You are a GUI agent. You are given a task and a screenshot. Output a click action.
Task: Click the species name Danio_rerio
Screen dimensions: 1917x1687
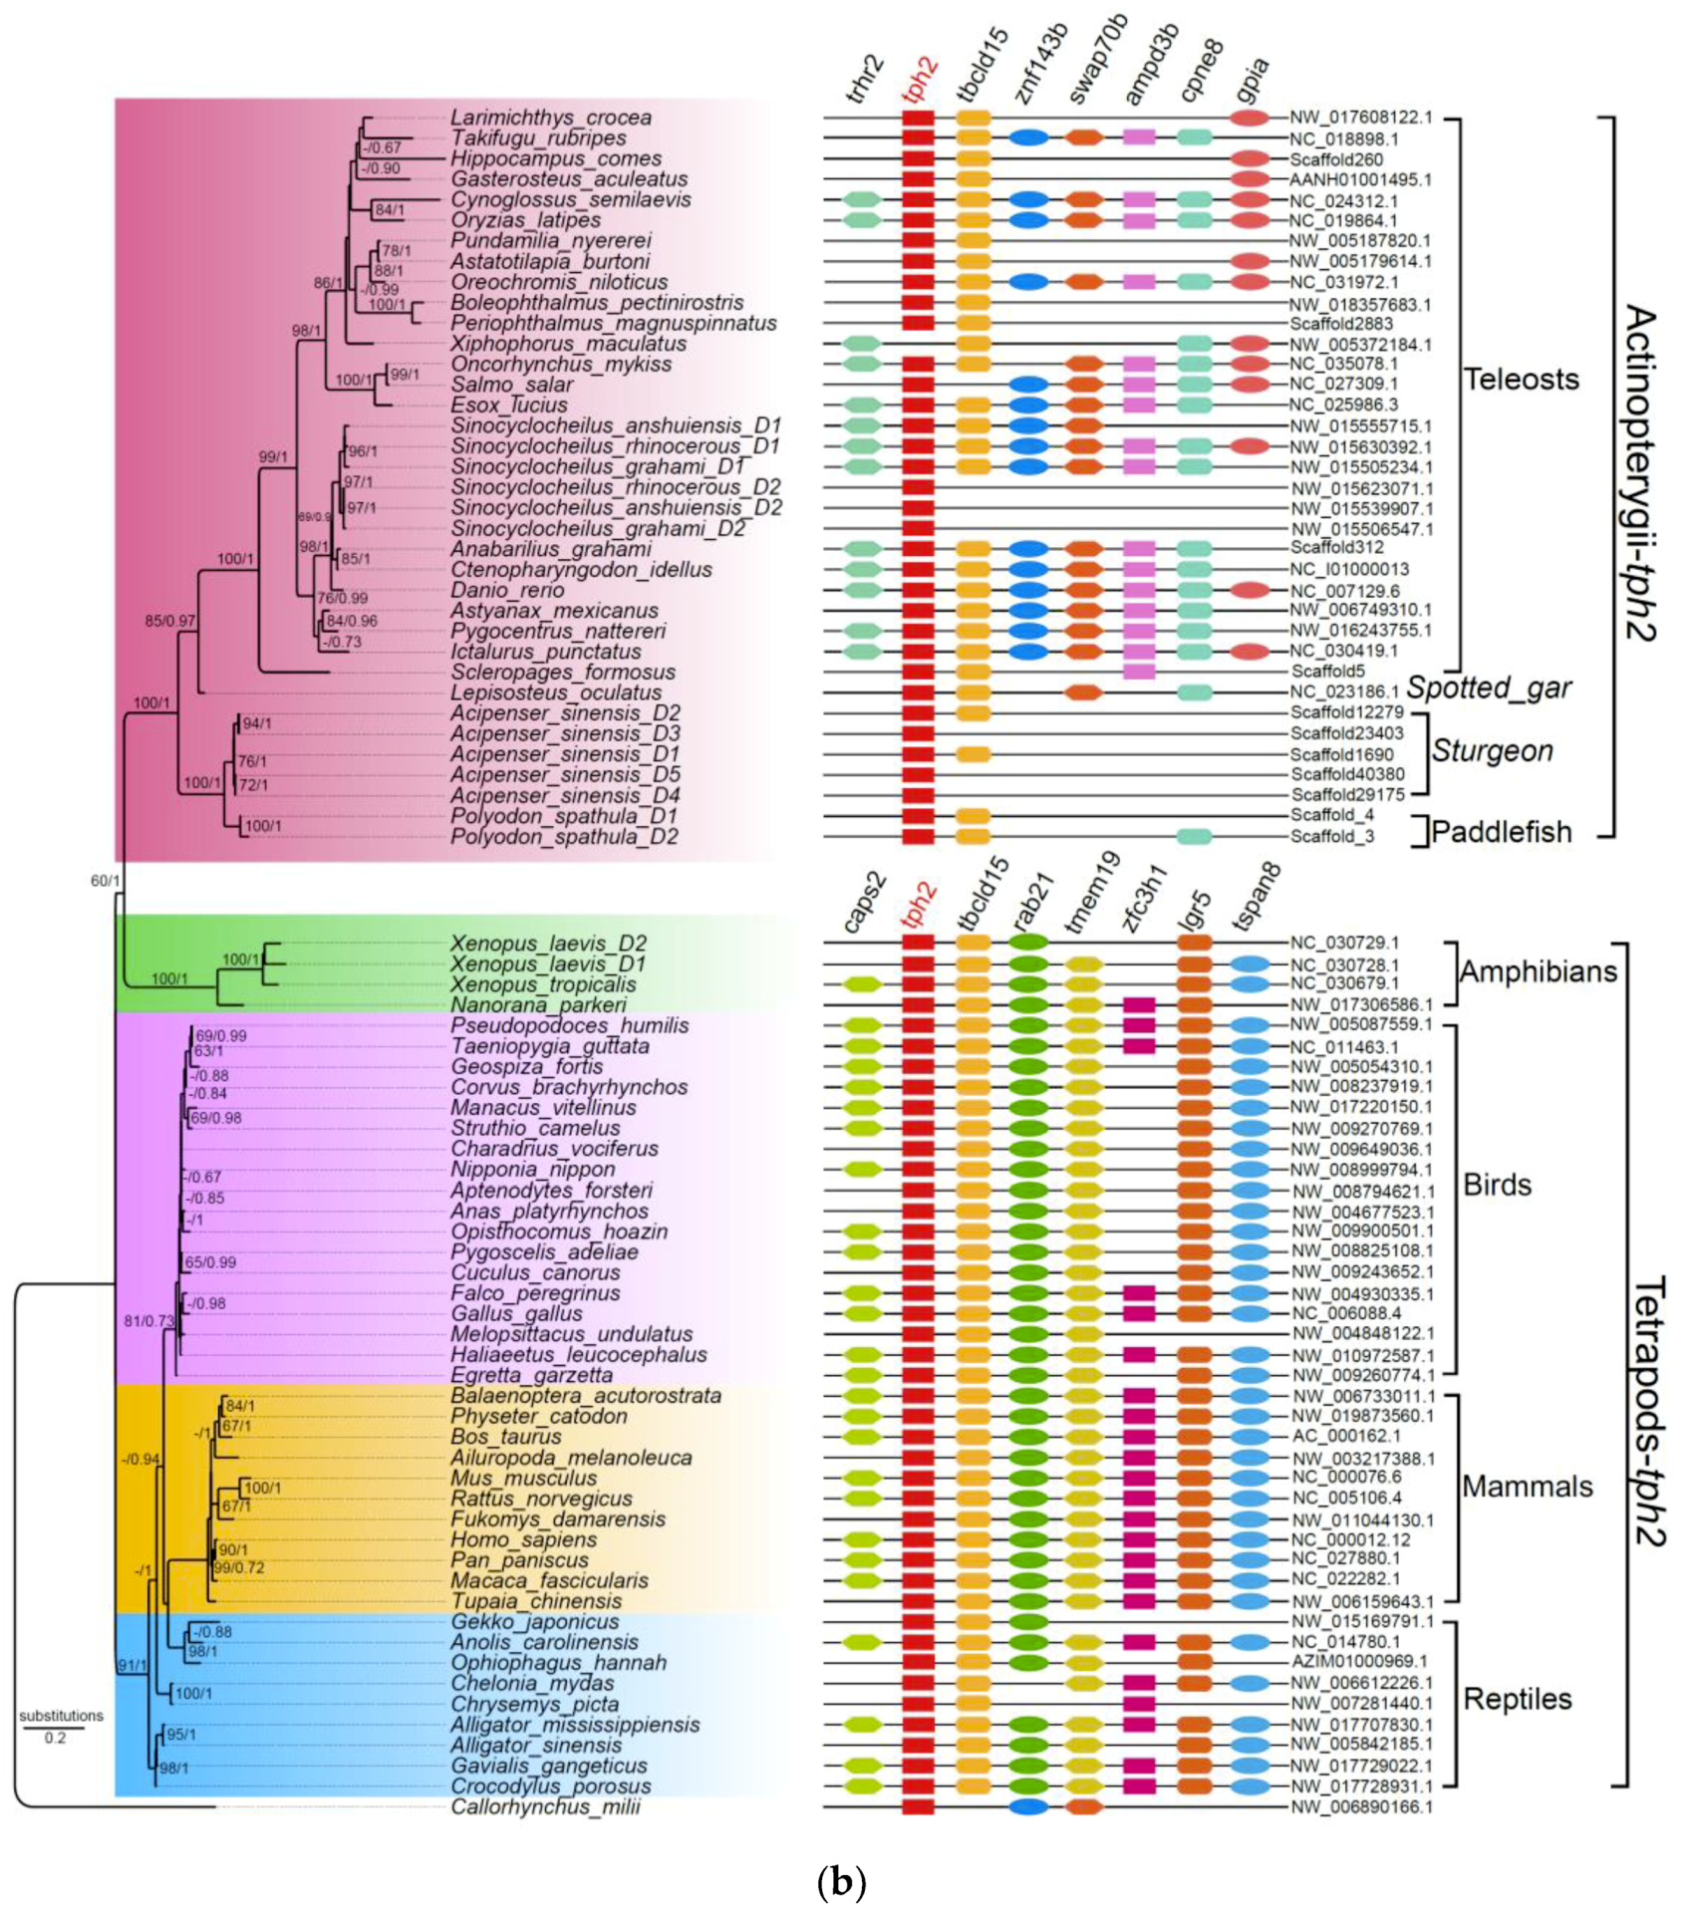(x=507, y=590)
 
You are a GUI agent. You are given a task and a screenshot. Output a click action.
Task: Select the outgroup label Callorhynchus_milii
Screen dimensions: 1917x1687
(x=545, y=1807)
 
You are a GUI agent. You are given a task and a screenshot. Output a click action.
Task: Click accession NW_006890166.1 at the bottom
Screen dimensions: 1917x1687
(x=1361, y=1807)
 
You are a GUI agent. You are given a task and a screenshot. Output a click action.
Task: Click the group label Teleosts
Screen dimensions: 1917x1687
(x=1521, y=380)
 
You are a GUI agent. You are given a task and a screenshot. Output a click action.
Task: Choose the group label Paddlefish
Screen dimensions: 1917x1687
(x=1501, y=832)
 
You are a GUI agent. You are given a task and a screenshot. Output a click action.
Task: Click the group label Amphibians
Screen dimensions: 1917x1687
(x=1538, y=971)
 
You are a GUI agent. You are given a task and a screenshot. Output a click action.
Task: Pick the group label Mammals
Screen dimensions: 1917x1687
(x=1527, y=1487)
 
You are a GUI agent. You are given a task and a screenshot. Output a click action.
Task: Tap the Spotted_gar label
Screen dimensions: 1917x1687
(x=1489, y=687)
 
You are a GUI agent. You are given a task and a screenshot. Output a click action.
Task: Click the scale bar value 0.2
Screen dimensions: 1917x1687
(x=55, y=1738)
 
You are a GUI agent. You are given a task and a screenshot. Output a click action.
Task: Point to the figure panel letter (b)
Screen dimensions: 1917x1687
(x=841, y=1883)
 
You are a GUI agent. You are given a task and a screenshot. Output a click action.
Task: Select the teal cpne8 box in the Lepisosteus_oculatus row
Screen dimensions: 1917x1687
(x=1194, y=692)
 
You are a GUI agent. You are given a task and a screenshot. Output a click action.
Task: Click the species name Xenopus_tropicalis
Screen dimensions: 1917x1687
(x=542, y=984)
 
